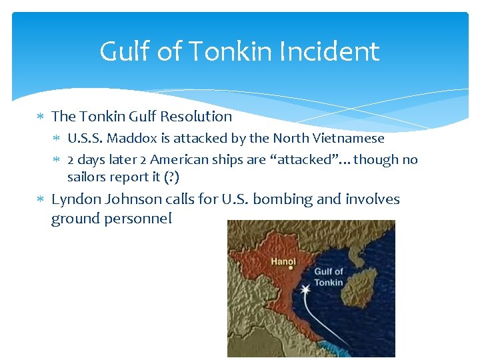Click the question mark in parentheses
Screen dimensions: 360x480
(x=173, y=177)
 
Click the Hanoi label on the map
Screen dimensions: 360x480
(x=283, y=261)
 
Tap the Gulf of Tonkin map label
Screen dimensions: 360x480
(x=328, y=277)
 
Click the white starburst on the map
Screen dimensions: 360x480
(x=305, y=291)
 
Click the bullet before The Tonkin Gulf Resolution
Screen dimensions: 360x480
(x=41, y=117)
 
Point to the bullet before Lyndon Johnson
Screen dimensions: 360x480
(x=41, y=200)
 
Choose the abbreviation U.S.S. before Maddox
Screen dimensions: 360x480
(x=85, y=139)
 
